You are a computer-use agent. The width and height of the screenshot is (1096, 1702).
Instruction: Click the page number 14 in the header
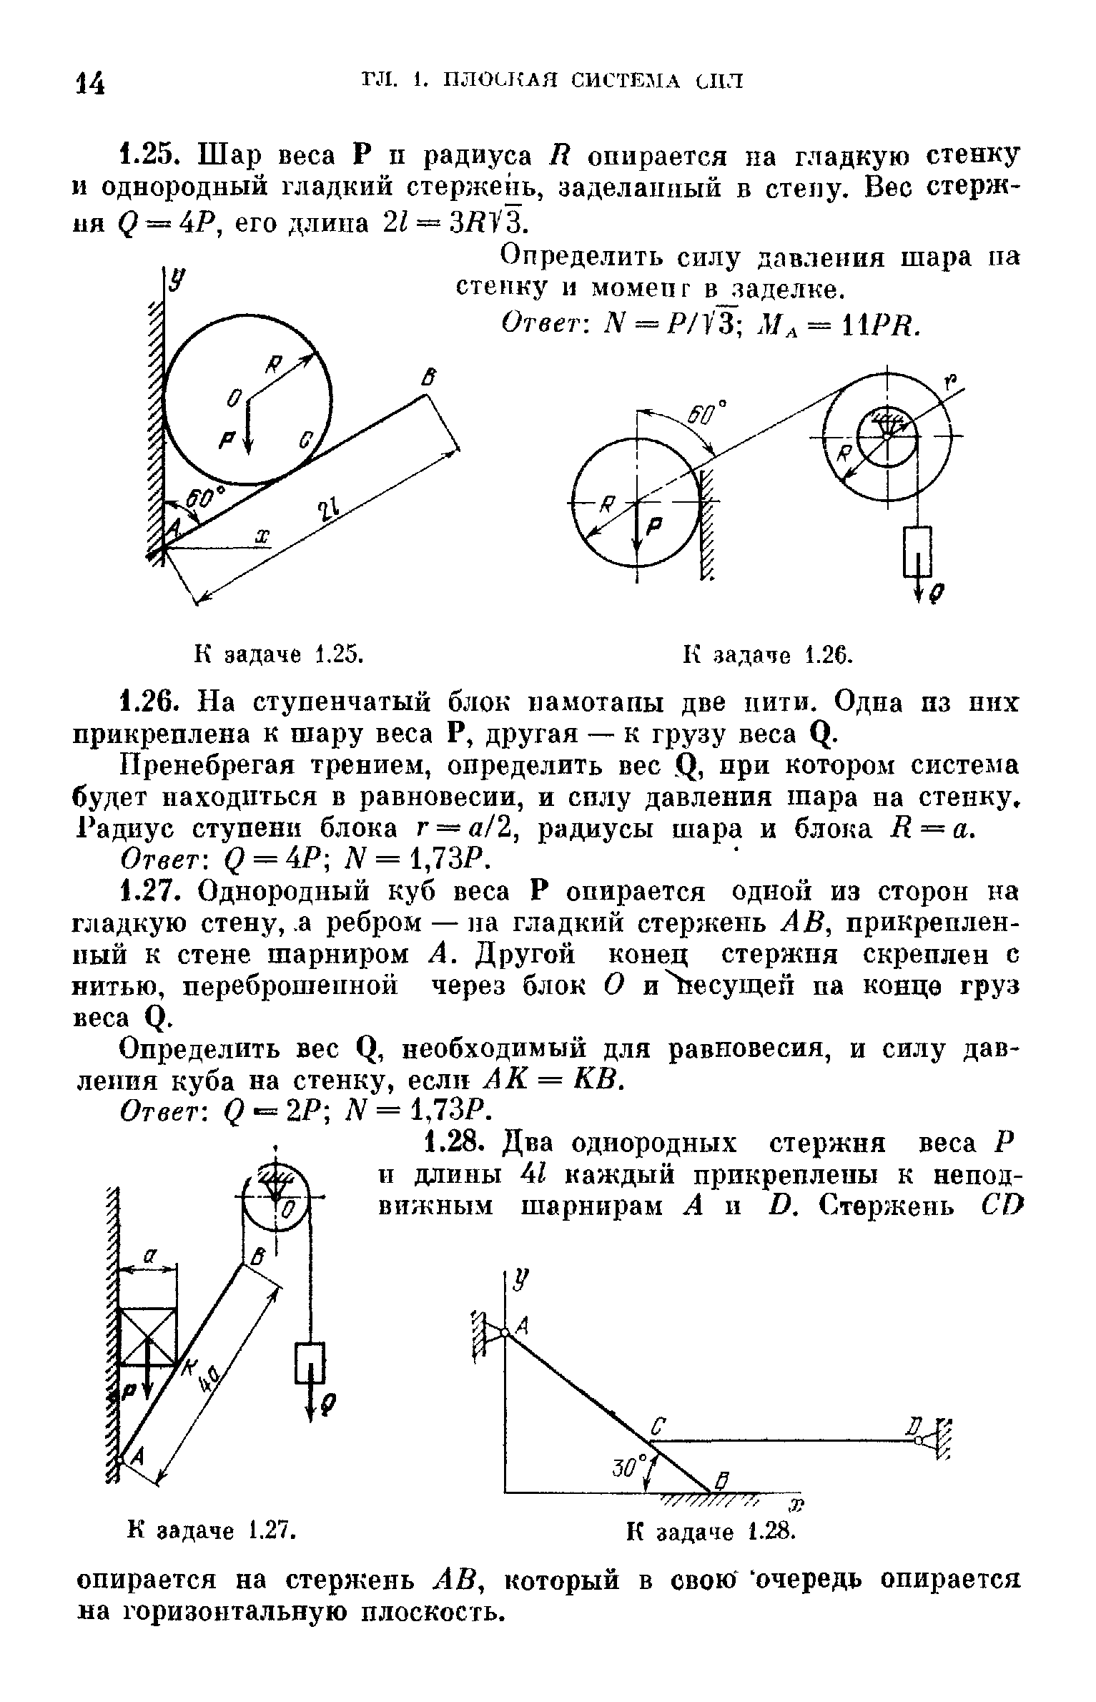(x=90, y=83)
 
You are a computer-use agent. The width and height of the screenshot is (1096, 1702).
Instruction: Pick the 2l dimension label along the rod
(x=326, y=512)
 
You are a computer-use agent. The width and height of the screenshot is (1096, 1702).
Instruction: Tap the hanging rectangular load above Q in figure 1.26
(x=917, y=551)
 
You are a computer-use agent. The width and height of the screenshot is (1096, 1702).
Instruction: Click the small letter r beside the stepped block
(x=951, y=381)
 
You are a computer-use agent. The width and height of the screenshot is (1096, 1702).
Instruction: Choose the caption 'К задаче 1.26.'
(x=769, y=653)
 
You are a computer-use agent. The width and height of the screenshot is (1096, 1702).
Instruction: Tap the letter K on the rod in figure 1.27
(x=187, y=1368)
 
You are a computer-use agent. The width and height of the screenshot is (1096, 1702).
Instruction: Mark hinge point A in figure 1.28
(x=505, y=1333)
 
